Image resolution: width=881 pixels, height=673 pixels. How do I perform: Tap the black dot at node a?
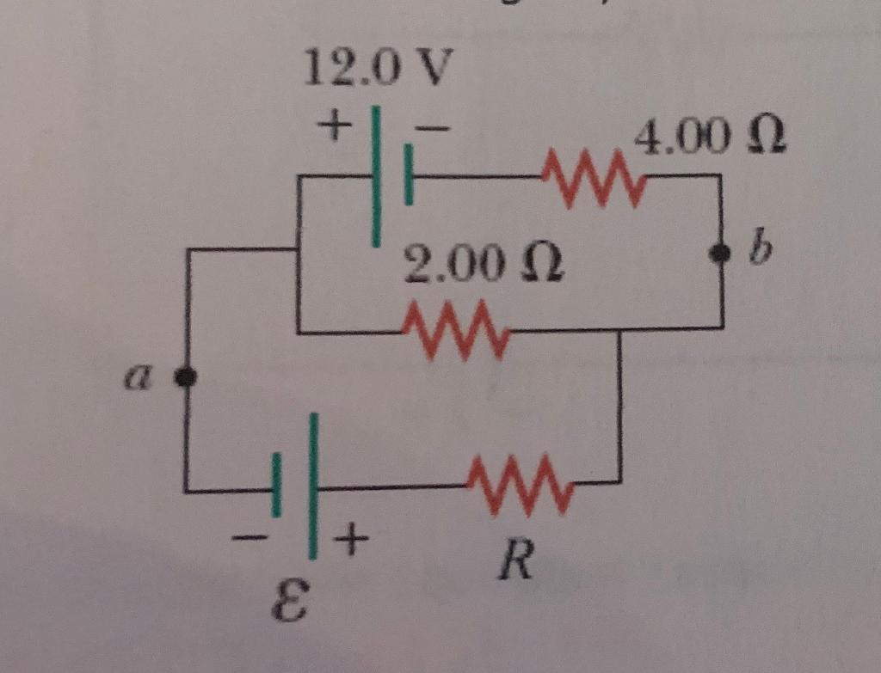pyautogui.click(x=184, y=376)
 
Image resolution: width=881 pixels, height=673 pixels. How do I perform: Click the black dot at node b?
pyautogui.click(x=721, y=253)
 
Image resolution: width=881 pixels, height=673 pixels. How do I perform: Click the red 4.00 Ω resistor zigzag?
pyautogui.click(x=592, y=178)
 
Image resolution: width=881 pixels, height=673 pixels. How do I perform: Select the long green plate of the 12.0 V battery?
pyautogui.click(x=376, y=176)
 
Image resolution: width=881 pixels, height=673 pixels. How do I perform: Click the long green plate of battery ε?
pyautogui.click(x=314, y=486)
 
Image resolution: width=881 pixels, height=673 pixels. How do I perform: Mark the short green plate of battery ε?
pyautogui.click(x=276, y=485)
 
